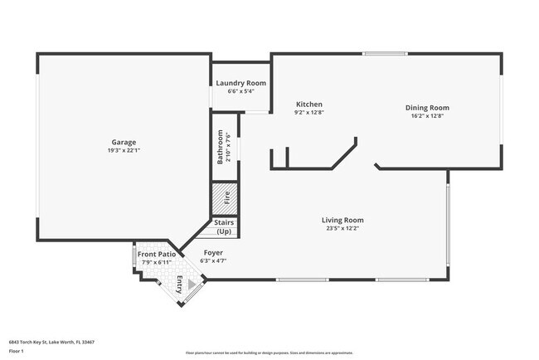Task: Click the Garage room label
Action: pos(124,142)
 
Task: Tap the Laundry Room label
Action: pos(240,83)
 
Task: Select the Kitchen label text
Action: pos(309,104)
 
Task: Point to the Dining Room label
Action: pos(427,108)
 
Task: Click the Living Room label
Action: pos(342,220)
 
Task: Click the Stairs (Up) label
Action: pos(224,226)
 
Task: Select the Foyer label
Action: pos(213,252)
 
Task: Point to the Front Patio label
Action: pos(156,254)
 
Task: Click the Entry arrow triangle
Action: pos(191,286)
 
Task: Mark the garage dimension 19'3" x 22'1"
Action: pos(124,150)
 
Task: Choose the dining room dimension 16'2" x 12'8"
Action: pos(427,116)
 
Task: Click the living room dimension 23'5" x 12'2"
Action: pos(342,228)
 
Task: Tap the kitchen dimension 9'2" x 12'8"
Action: pos(309,112)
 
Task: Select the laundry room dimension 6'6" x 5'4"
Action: pos(240,91)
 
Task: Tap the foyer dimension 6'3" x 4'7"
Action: pos(213,260)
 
